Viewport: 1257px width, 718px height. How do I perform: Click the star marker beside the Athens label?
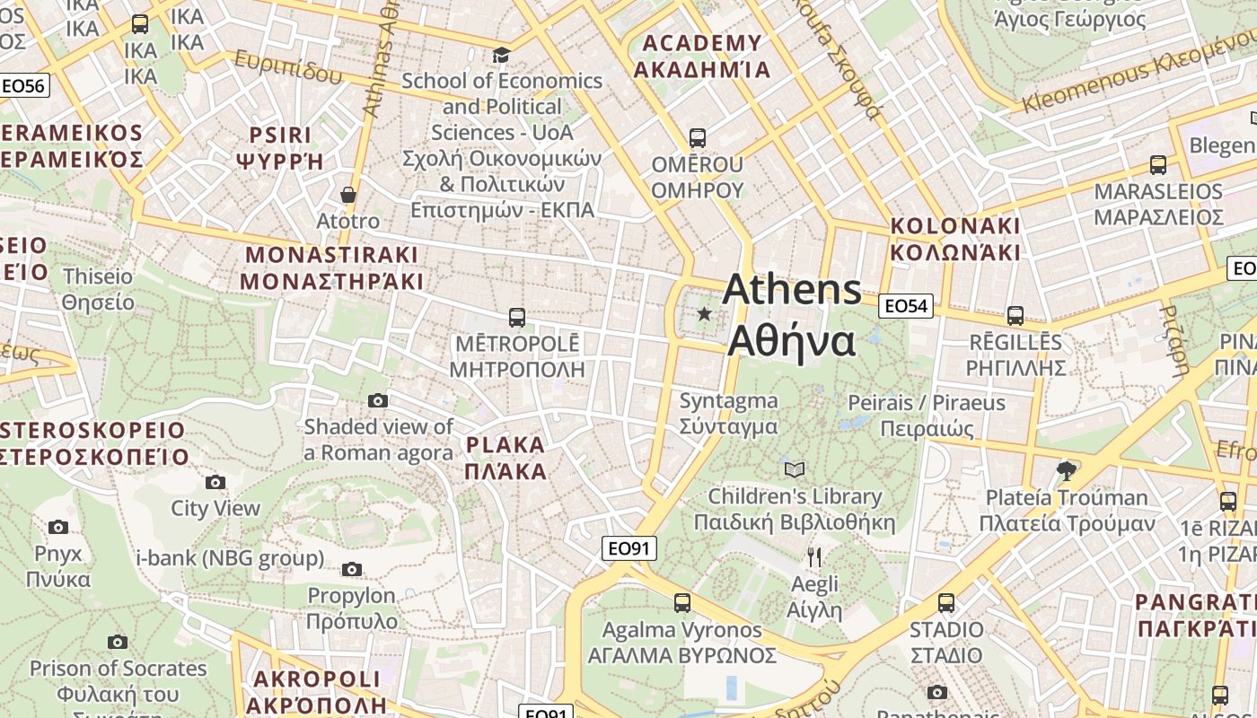coord(705,314)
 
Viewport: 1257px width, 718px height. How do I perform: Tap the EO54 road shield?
coord(905,306)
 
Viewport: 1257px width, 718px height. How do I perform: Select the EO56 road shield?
coord(23,86)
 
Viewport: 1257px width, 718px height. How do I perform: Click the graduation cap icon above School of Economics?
coord(501,56)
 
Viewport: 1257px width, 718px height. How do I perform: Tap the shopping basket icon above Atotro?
coord(348,195)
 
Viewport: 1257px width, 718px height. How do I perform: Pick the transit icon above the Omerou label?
coord(698,138)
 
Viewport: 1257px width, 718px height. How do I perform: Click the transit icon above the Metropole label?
coord(517,317)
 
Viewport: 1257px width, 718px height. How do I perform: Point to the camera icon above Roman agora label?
coord(378,400)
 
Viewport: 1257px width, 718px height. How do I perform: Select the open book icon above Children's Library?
coord(795,469)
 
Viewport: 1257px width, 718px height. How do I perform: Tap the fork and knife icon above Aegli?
coord(814,557)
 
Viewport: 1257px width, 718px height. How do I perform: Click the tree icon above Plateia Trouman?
coord(1067,470)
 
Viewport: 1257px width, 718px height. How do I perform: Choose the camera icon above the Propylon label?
coord(352,569)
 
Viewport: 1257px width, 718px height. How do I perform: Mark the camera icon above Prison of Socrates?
coord(118,642)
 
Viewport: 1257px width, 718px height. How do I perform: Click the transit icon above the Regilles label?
coord(1015,316)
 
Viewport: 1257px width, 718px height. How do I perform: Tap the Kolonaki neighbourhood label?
coord(955,239)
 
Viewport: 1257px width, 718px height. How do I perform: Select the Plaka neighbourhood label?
coord(506,458)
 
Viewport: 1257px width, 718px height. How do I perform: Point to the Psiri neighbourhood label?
coord(279,148)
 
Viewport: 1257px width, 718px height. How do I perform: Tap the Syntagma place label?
coord(728,413)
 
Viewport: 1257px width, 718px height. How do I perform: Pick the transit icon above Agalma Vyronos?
coord(682,602)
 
